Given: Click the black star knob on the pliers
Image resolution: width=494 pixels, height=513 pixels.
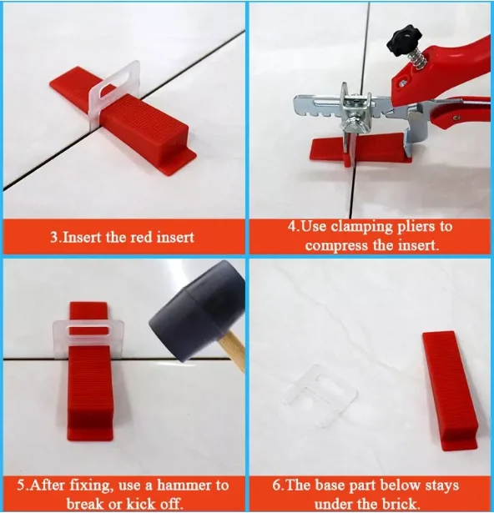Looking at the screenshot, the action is tap(404, 42).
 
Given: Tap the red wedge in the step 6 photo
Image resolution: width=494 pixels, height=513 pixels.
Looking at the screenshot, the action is tap(449, 390).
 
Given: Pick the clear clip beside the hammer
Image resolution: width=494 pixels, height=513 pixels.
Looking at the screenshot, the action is tap(88, 339).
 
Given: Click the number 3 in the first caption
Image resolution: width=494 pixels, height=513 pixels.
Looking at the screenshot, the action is tap(54, 237).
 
